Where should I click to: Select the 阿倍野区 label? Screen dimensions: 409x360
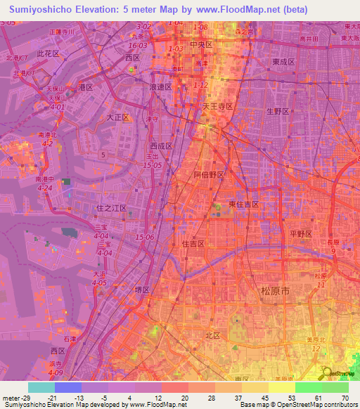(x=208, y=174)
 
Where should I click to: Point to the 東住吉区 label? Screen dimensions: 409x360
(x=244, y=204)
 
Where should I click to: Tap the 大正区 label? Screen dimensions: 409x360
(x=119, y=117)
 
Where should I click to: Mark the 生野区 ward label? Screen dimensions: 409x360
(x=278, y=111)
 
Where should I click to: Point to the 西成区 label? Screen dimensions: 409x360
(x=160, y=146)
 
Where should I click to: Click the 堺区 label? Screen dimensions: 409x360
(x=143, y=290)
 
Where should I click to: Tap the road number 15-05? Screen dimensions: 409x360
(x=152, y=164)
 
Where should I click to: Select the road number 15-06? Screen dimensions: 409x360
(x=145, y=237)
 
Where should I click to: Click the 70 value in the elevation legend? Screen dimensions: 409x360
(x=345, y=398)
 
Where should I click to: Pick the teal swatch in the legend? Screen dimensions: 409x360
(x=41, y=387)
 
